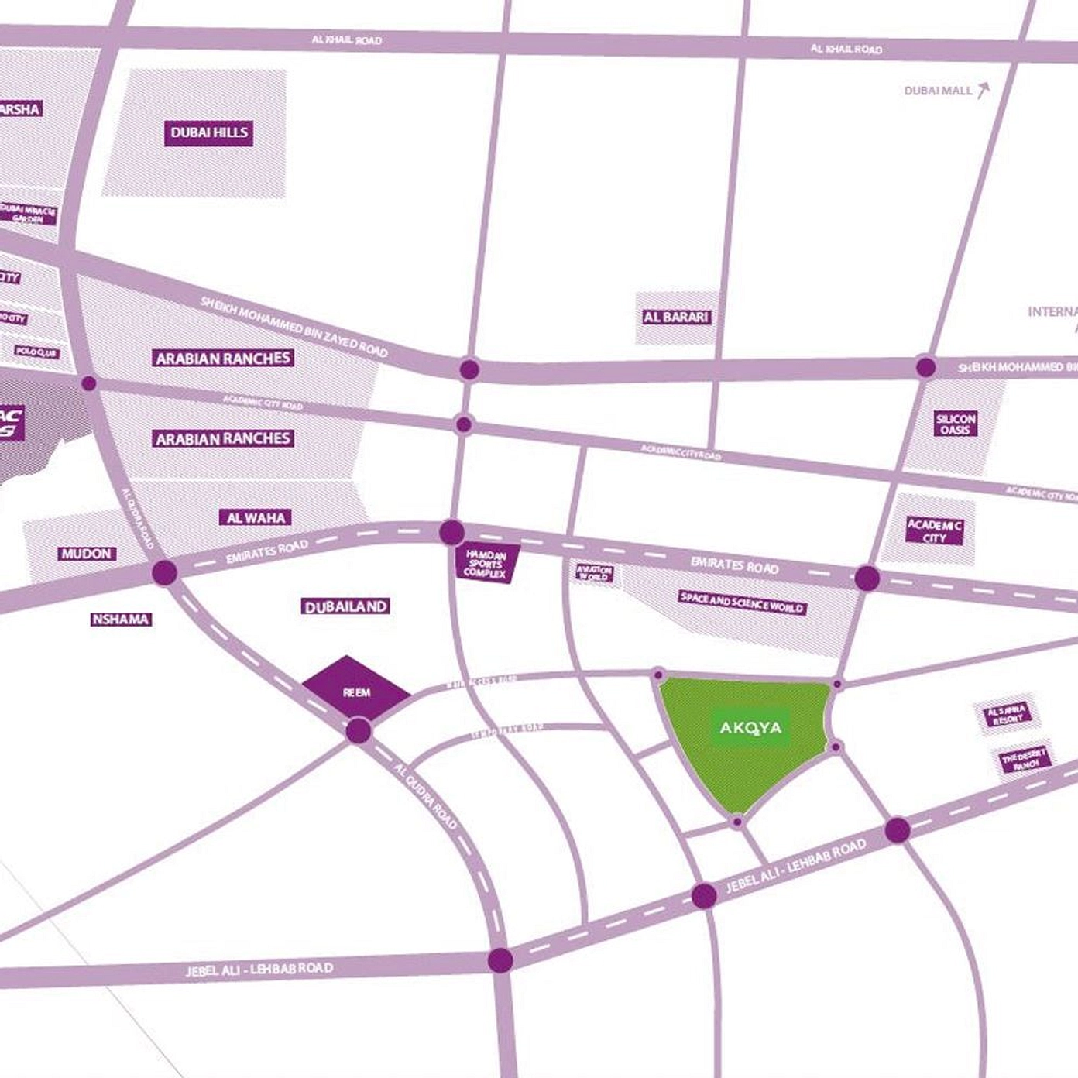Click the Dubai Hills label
tap(209, 132)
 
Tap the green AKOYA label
tap(750, 727)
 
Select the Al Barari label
tap(676, 317)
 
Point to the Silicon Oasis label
tap(956, 424)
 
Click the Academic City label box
tap(935, 531)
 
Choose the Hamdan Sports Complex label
tap(486, 564)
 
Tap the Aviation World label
tap(594, 573)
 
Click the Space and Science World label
tap(742, 602)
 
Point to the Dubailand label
tap(345, 606)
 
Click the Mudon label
tap(88, 554)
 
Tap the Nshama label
tap(120, 620)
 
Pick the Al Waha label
tap(255, 517)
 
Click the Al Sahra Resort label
tap(1007, 714)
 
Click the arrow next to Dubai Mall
tap(983, 91)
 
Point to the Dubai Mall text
tap(937, 91)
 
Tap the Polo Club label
tap(36, 352)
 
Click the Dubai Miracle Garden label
tap(29, 214)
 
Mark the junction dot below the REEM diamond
tap(358, 730)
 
